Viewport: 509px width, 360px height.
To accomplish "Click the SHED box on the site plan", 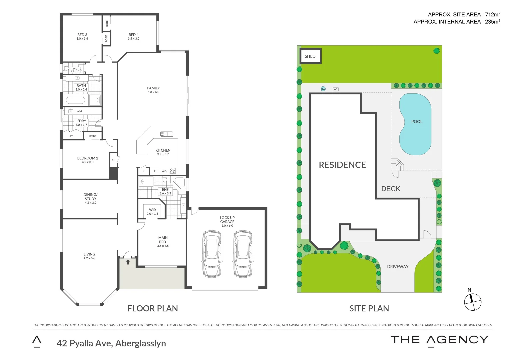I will point(310,56).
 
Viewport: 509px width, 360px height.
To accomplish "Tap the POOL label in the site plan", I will point(417,122).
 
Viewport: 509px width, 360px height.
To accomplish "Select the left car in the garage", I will point(212,254).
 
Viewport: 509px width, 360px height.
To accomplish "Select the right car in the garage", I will point(243,254).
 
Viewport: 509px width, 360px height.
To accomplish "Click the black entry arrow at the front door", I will point(128,262).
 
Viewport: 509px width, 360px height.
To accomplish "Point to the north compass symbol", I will point(473,302).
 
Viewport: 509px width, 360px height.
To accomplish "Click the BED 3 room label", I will point(82,35).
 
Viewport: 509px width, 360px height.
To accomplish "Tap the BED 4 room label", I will point(133,35).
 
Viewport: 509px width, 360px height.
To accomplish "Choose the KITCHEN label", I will point(163,150).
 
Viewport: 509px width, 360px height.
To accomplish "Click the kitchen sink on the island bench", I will point(167,134).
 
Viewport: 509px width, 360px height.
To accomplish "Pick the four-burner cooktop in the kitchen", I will point(173,171).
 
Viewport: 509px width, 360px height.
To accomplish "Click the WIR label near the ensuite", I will point(152,210).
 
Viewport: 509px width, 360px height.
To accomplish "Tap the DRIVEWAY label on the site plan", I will point(398,267).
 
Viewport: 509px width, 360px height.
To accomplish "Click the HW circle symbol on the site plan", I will point(323,89).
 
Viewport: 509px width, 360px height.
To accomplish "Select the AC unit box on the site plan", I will point(336,89).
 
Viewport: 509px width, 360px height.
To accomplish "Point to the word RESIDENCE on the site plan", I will point(342,165).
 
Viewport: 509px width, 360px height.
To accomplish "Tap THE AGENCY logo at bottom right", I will point(439,340).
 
